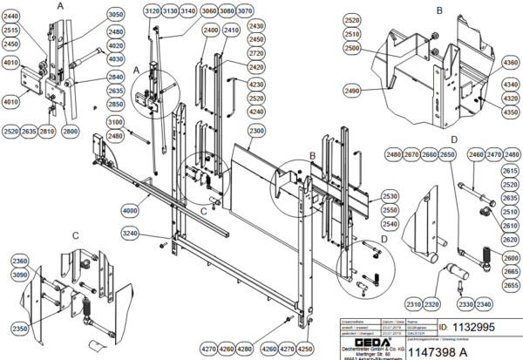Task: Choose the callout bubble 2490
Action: coord(353,91)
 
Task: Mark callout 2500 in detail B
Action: coord(353,50)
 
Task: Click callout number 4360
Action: coord(509,63)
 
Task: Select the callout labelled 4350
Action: coord(509,112)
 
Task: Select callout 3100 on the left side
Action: coord(115,123)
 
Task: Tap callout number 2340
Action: coord(485,303)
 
